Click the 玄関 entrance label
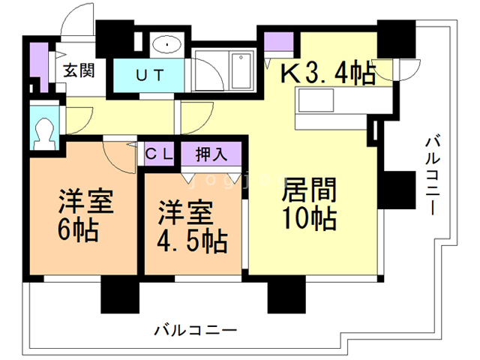pos(78,72)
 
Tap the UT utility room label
pos(148,75)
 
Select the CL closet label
pos(160,155)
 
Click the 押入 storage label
pos(211,155)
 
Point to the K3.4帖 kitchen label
pos(328,73)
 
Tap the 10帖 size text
pos(308,220)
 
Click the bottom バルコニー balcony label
pos(196,329)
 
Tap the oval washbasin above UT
pos(164,46)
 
